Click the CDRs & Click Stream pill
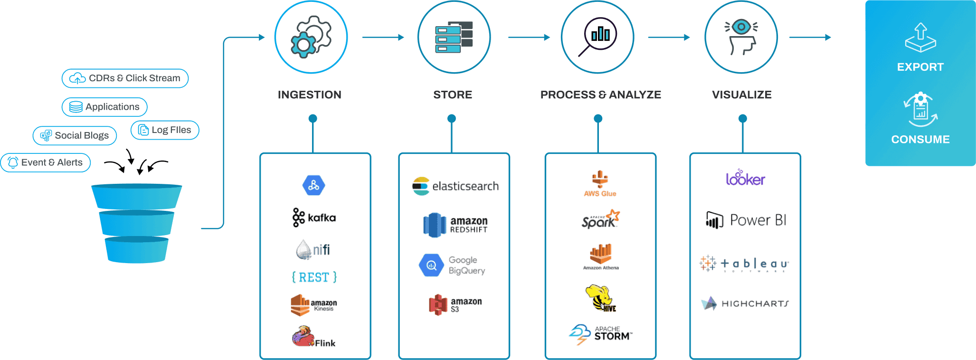[125, 78]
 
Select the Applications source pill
[104, 107]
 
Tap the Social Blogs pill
[75, 136]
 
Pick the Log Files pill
[164, 130]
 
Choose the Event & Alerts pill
[46, 162]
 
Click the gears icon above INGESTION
[311, 37]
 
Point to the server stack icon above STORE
[454, 37]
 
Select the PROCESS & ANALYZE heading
[600, 95]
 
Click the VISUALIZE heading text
[741, 95]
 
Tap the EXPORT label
[920, 67]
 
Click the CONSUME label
[920, 140]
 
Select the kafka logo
[314, 218]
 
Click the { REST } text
[314, 277]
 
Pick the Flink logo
[313, 337]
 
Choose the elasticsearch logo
[455, 186]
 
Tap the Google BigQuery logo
[453, 265]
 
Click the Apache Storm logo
[600, 334]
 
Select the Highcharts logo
[745, 303]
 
